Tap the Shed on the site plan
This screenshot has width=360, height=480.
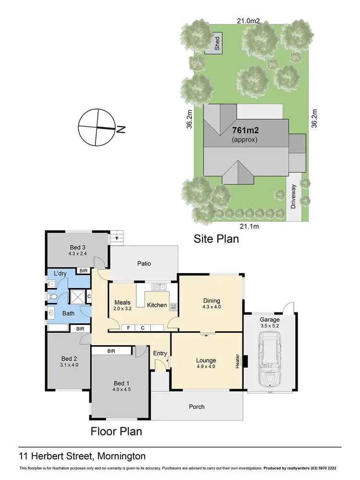point(217,45)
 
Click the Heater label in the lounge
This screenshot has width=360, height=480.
point(237,361)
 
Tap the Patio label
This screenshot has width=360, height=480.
point(144,264)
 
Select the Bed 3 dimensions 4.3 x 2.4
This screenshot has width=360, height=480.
point(77,254)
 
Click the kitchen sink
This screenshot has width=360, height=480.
point(158,287)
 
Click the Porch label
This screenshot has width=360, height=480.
point(197,407)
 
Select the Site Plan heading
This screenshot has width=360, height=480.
point(216,239)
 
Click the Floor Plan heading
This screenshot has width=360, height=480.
point(117,431)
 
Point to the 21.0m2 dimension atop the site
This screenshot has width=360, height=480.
point(248,20)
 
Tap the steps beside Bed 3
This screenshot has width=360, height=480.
point(117,237)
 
